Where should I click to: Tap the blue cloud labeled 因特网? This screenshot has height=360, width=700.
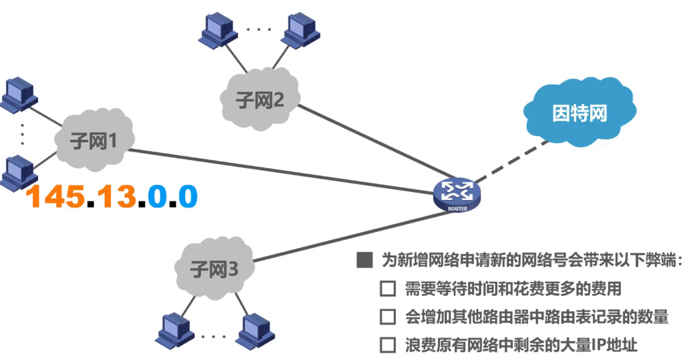(578, 113)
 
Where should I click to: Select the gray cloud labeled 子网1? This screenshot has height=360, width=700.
(94, 142)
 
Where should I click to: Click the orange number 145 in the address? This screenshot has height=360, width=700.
(55, 197)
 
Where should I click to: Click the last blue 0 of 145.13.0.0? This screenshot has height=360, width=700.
(187, 197)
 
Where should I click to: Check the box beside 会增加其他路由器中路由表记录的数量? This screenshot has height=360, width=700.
(387, 317)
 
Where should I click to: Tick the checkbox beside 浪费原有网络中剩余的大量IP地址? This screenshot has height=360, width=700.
(387, 344)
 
